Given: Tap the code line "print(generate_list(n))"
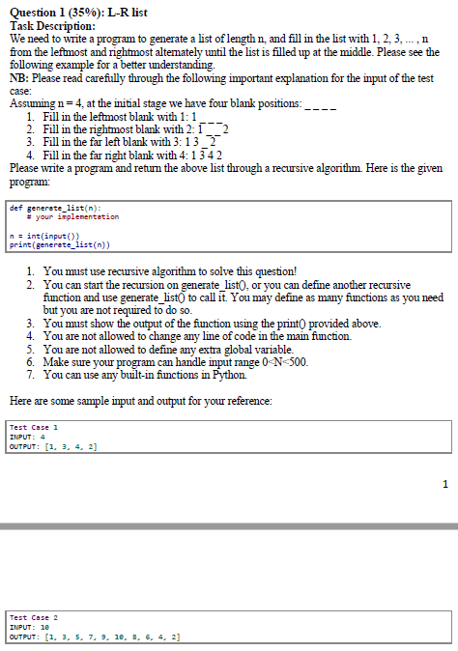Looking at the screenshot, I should tap(64, 244).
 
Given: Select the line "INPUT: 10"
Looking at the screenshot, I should tap(30, 627).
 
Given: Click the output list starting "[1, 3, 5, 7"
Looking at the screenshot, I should tap(110, 637).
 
